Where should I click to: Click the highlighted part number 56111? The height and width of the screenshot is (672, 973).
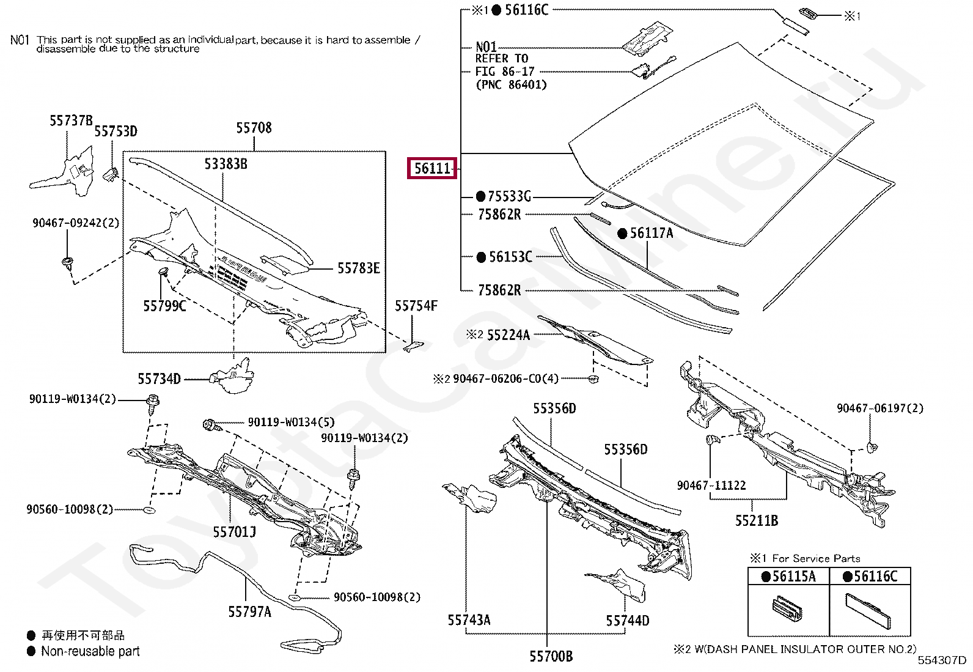pos(431,168)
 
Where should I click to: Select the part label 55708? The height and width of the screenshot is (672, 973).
pos(254,128)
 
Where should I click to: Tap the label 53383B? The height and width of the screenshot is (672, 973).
pos(226,164)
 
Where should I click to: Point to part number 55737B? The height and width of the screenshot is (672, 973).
pos(72,120)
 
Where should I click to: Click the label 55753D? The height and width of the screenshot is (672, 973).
pos(116,131)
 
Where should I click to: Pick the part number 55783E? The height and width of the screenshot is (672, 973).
pos(359,268)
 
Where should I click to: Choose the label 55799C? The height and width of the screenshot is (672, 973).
pos(164,306)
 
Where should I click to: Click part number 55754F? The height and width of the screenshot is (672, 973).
pos(416,306)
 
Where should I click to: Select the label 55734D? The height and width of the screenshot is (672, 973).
pos(160,379)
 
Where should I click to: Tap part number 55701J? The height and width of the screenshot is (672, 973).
pos(235,532)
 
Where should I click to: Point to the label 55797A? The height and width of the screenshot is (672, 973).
pos(250,612)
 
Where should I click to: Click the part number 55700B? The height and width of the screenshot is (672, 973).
pos(551,656)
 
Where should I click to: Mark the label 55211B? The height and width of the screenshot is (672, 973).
pos(757,521)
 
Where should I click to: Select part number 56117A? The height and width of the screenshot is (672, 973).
pos(652,234)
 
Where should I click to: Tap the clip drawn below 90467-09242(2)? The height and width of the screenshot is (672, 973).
pos(67,264)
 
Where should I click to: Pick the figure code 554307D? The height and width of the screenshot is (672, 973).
pos(942,661)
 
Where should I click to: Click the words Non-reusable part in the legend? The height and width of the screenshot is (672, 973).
pos(90,651)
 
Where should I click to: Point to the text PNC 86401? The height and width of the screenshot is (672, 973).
pos(512,84)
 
